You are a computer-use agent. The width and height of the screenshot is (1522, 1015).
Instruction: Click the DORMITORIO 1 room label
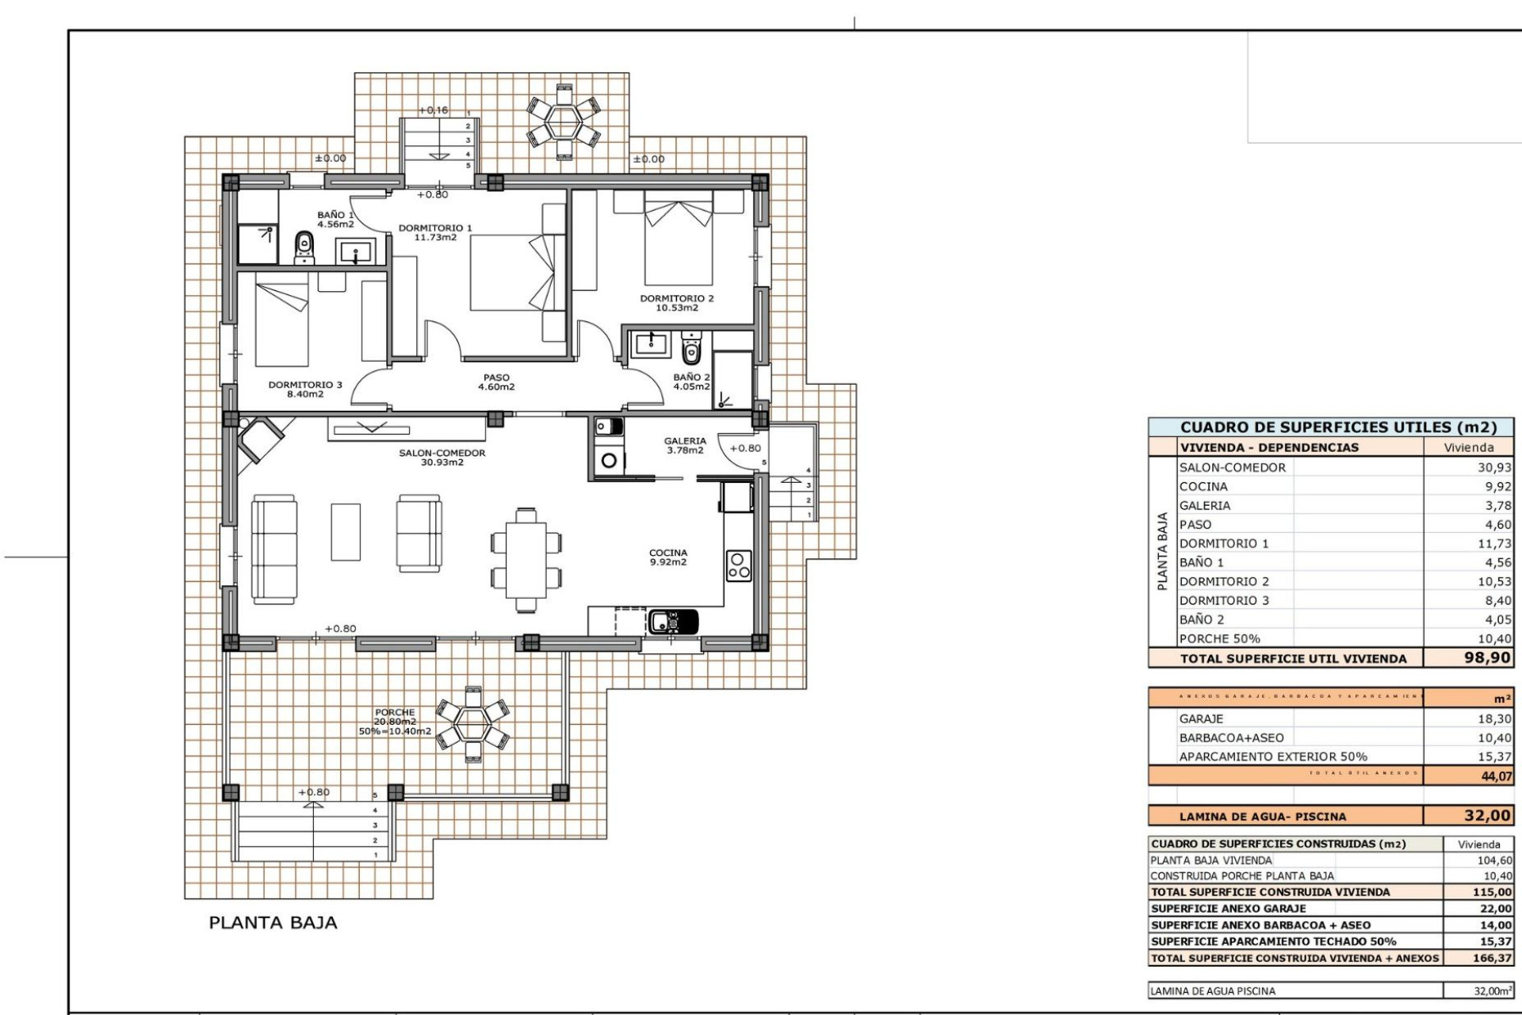(x=434, y=232)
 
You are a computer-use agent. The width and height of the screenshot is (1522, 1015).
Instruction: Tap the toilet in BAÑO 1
(x=304, y=247)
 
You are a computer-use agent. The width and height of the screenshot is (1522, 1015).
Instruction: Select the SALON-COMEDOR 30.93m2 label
(x=442, y=458)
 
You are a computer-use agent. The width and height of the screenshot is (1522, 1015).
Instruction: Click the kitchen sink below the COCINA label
(x=673, y=622)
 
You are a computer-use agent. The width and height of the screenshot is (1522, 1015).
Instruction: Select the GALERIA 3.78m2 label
(x=685, y=446)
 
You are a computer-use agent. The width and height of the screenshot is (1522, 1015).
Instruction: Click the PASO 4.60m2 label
(x=496, y=382)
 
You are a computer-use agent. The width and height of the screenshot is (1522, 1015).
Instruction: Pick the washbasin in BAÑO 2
(x=652, y=343)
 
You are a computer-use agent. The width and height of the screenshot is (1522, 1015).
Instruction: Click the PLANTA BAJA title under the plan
(x=273, y=922)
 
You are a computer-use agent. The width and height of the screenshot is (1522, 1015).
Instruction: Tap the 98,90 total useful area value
(x=1487, y=657)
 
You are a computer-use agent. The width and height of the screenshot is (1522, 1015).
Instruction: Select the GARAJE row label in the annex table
(x=1201, y=718)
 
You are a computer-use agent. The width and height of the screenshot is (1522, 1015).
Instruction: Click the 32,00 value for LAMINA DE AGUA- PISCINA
(x=1487, y=815)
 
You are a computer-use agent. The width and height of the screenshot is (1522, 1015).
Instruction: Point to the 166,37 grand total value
(x=1492, y=958)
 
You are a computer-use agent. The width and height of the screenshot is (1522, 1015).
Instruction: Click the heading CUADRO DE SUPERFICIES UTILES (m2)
(x=1338, y=427)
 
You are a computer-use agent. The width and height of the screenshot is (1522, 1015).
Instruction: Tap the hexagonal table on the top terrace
(x=564, y=121)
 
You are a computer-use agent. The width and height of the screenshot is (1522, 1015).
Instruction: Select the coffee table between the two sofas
(x=346, y=532)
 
